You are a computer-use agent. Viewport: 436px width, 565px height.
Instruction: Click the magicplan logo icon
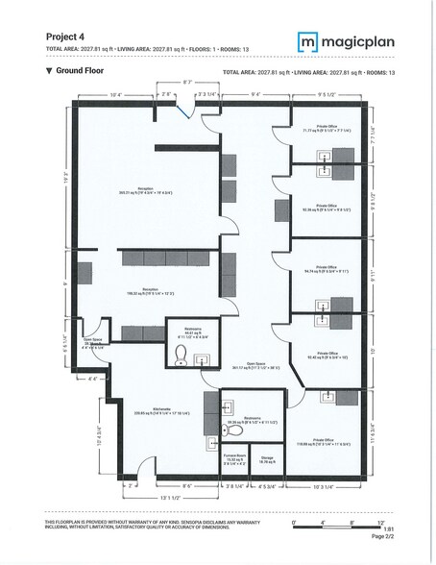[x=307, y=41]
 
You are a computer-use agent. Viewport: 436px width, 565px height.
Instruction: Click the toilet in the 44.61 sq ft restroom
[x=181, y=356]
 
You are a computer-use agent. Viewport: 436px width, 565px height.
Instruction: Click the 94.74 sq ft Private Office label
[x=326, y=270]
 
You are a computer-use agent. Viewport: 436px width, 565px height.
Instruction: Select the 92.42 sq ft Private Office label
[x=326, y=355]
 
